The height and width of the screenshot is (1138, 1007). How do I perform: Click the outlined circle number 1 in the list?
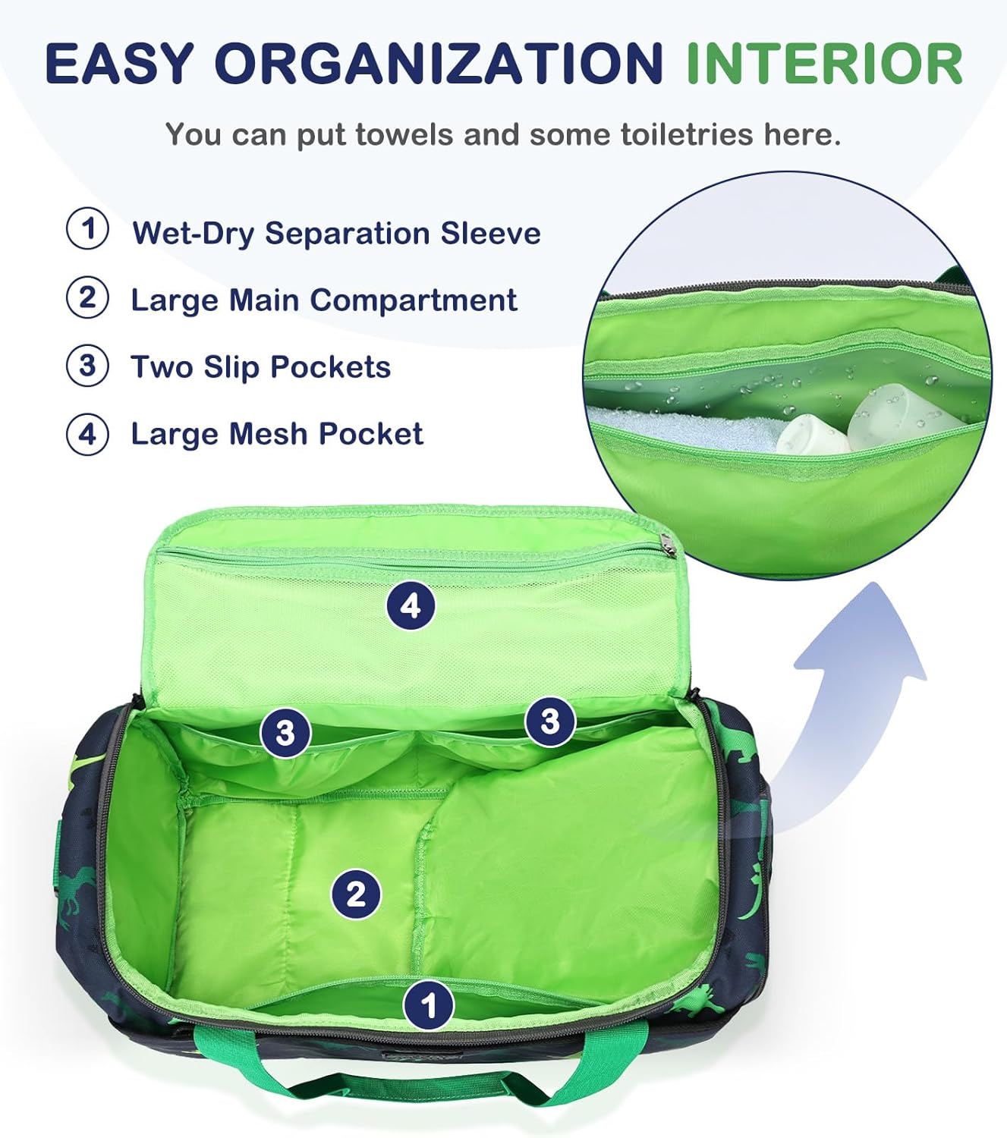[x=88, y=229]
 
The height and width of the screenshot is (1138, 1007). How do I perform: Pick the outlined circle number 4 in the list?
[x=88, y=434]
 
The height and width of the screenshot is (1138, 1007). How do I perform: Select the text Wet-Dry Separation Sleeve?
[x=336, y=233]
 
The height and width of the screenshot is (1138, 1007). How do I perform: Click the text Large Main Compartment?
[x=324, y=300]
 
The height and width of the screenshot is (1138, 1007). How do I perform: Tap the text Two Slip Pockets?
[x=260, y=367]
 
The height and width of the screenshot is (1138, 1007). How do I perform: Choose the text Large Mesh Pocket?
[x=277, y=434]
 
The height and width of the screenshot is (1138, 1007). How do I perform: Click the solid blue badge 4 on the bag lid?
[x=411, y=606]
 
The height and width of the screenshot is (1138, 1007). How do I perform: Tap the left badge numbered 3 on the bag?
[x=285, y=733]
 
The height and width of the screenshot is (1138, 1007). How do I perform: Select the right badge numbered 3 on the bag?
[x=550, y=721]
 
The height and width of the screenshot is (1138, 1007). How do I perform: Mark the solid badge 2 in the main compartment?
[x=356, y=894]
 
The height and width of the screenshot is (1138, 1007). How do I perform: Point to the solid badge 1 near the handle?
[x=429, y=1006]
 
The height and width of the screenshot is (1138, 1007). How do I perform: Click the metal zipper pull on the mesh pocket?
[x=666, y=543]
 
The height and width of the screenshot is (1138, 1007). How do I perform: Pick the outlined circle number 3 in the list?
[x=88, y=366]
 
